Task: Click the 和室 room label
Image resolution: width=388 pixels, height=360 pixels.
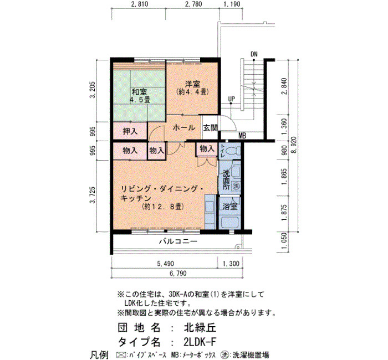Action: tap(140, 92)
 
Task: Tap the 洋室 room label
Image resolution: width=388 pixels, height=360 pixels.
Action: tap(193, 84)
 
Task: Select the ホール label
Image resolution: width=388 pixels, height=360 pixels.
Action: tap(184, 127)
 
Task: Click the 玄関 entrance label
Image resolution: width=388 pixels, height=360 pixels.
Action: tap(210, 127)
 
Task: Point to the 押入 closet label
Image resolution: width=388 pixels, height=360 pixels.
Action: tap(130, 131)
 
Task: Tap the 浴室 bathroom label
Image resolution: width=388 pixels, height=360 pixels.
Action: tap(230, 207)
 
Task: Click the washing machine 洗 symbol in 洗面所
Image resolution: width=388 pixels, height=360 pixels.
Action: tap(236, 186)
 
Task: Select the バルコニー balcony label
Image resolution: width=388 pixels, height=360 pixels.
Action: tap(178, 241)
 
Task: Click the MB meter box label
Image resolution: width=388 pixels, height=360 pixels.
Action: tap(242, 136)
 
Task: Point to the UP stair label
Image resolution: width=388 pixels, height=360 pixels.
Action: tap(232, 99)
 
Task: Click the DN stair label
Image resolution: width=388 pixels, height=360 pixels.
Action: tap(254, 54)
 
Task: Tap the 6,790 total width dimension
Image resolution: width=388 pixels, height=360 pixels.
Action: tap(178, 273)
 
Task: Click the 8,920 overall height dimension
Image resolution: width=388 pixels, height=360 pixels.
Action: tap(294, 145)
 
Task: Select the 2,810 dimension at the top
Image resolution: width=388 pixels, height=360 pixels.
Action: tap(139, 4)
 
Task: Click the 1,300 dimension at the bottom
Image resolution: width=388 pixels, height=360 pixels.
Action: tap(231, 264)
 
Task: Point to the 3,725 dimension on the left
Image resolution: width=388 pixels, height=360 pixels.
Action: tap(93, 195)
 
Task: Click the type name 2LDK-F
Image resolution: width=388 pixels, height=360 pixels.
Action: tap(200, 342)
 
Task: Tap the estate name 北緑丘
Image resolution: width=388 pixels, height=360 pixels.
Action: tap(200, 328)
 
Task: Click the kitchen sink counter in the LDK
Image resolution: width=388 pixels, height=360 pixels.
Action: tap(211, 212)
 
